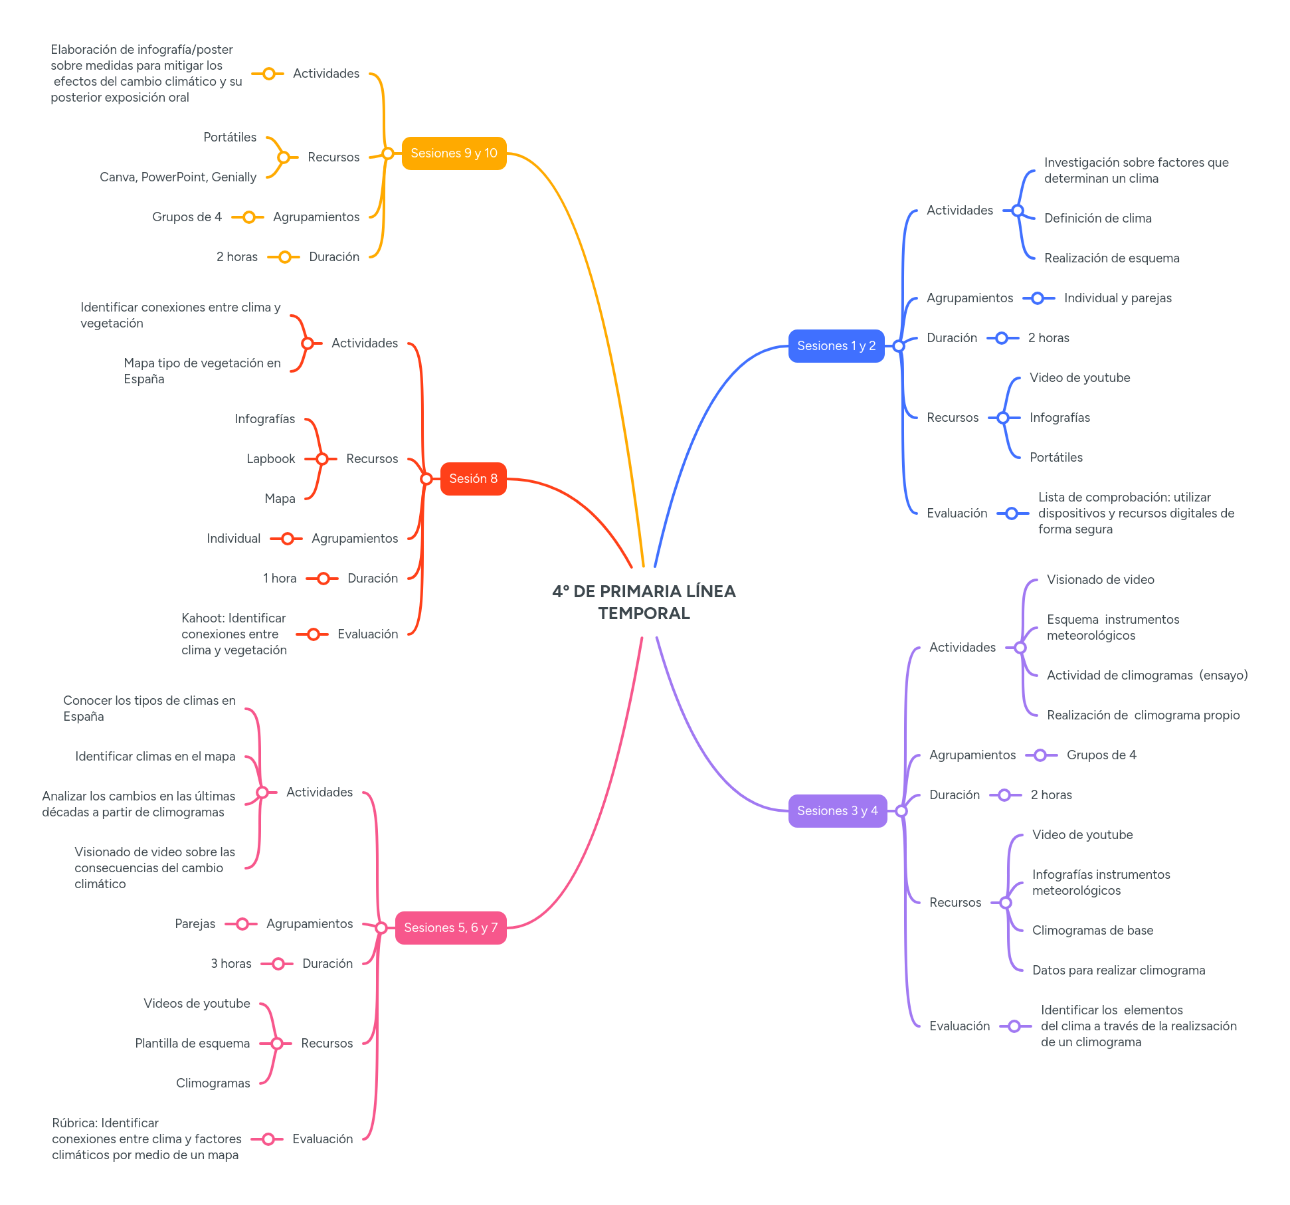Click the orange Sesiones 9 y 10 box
tap(454, 153)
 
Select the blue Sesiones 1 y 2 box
tap(836, 346)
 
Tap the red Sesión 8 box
tap(473, 479)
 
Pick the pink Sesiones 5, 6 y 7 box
tap(450, 928)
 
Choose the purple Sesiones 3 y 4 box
tap(837, 811)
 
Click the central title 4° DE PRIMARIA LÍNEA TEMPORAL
tap(644, 602)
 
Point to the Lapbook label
tap(270, 459)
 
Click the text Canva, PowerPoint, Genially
tap(178, 177)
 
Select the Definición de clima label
tap(1097, 219)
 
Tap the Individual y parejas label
tap(1117, 298)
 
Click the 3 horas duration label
tap(231, 964)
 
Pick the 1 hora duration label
tap(280, 579)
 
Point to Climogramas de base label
tap(1092, 931)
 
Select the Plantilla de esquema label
tap(192, 1044)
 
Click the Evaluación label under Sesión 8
tap(367, 634)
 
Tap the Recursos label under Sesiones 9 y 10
tap(333, 157)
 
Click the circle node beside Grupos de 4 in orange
tap(249, 217)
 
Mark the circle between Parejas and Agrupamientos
tap(242, 924)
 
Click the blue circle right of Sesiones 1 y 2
tap(899, 346)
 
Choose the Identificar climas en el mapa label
tap(155, 757)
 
